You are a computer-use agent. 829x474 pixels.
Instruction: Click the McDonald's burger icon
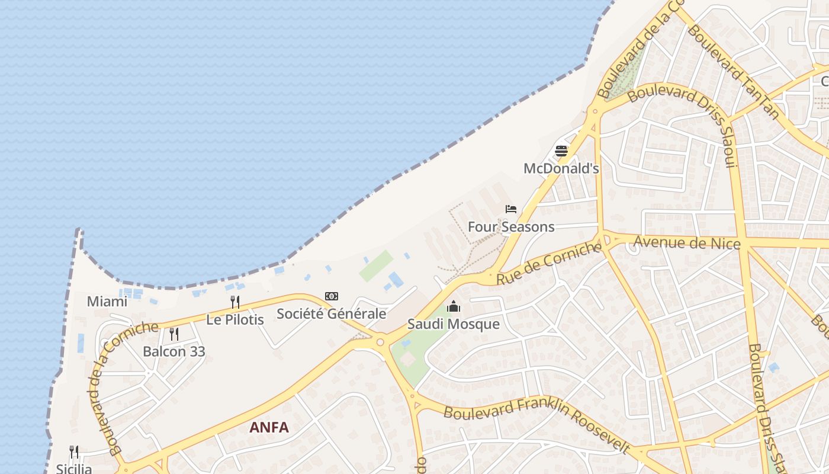tap(561, 151)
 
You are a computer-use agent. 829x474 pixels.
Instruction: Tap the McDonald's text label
tap(561, 169)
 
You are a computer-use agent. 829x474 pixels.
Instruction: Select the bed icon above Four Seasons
tap(511, 209)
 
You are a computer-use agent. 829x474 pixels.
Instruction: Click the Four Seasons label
tap(511, 227)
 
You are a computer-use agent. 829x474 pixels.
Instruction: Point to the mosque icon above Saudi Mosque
tap(454, 306)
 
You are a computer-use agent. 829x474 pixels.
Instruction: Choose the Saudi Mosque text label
tap(454, 324)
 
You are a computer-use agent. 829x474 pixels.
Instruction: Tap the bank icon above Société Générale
tap(332, 296)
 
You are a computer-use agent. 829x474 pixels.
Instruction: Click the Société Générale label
tap(332, 314)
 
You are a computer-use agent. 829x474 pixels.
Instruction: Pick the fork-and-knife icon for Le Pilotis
tap(235, 302)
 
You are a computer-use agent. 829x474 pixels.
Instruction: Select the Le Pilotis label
tap(235, 320)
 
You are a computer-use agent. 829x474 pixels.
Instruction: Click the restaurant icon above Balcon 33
tap(174, 334)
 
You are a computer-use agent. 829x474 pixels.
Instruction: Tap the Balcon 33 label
tap(174, 351)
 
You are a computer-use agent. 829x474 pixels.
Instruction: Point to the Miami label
tap(107, 302)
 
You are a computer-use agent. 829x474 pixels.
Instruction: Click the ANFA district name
tap(269, 427)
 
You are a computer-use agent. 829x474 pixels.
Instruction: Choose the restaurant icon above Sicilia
tap(74, 452)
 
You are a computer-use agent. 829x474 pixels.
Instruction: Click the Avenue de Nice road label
tap(687, 242)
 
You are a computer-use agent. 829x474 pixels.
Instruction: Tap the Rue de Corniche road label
tap(549, 264)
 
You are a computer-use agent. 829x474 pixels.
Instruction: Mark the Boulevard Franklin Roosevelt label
tap(536, 420)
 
